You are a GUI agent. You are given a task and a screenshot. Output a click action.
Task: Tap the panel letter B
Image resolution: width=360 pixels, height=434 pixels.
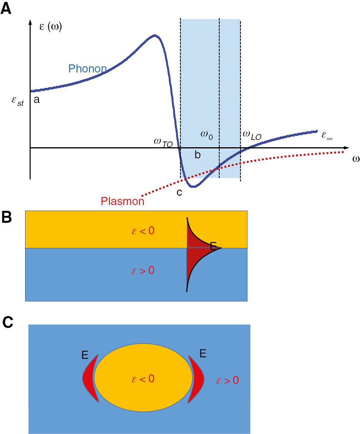7,218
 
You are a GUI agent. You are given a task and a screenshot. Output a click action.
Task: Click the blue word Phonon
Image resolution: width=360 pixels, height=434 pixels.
87,69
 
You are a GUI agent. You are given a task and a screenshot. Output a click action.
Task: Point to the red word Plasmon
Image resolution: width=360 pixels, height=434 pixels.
123,201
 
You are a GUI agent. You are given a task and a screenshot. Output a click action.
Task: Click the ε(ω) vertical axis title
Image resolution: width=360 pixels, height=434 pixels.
50,27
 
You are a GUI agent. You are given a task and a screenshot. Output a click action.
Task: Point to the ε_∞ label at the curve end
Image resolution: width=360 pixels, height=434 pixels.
328,136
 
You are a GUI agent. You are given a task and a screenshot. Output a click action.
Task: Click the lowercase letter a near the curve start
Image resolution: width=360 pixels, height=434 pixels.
36,100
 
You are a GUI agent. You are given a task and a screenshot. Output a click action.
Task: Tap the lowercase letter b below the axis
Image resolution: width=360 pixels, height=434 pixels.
197,155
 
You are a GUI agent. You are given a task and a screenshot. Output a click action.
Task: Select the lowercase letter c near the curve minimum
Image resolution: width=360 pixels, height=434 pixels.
179,192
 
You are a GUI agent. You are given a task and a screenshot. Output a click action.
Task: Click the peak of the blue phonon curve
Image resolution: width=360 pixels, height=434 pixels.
155,35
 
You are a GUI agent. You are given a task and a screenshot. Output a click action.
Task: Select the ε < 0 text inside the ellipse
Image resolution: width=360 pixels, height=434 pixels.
143,379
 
